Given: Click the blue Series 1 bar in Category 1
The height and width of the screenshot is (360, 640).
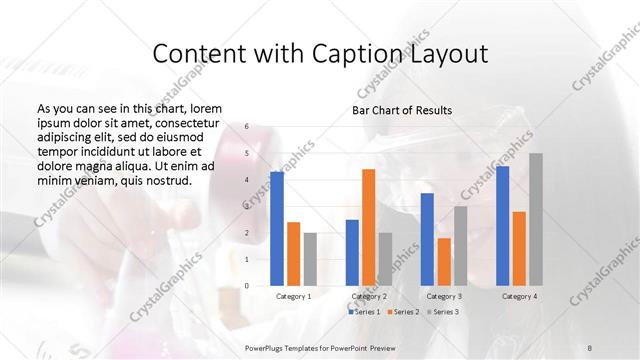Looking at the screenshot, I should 277,229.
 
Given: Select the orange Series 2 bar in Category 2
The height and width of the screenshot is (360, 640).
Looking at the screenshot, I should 368,227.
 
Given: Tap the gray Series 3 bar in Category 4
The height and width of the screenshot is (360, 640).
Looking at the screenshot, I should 536,219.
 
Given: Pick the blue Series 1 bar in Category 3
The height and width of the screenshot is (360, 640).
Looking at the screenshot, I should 427,239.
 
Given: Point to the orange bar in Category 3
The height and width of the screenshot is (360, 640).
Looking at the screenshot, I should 444,261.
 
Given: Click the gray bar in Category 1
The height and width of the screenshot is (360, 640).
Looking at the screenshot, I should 310,259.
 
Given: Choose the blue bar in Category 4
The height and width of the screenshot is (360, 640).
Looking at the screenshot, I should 502,226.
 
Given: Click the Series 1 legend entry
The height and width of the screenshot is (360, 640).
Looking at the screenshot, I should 366,312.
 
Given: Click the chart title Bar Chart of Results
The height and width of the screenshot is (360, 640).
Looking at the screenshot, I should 402,110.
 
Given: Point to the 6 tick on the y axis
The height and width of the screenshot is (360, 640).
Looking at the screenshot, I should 247,128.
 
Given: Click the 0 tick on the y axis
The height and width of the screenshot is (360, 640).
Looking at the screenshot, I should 247,286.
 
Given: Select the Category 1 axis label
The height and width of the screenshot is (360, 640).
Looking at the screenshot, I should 294,296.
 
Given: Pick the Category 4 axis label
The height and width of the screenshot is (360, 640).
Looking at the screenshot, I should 519,296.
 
